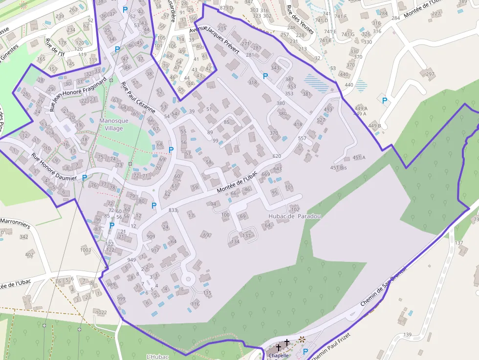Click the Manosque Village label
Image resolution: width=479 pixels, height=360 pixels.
point(113,125)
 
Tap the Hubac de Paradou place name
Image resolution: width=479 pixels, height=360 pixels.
point(295,216)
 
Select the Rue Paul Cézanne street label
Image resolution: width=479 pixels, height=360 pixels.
point(138,97)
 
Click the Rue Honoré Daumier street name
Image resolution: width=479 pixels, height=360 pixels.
point(54,168)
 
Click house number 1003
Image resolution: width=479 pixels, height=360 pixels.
point(86,250)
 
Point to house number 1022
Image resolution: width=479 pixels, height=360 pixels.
point(101,312)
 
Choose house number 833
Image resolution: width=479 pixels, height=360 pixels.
point(173,210)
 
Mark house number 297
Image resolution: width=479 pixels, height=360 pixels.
point(430,74)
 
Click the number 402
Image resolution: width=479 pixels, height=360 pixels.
point(29,254)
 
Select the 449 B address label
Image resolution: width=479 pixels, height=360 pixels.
point(375,126)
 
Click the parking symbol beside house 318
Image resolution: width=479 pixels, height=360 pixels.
point(265,76)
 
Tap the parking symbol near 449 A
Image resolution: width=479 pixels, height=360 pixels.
point(384,101)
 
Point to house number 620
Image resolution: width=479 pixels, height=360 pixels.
point(277,156)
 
